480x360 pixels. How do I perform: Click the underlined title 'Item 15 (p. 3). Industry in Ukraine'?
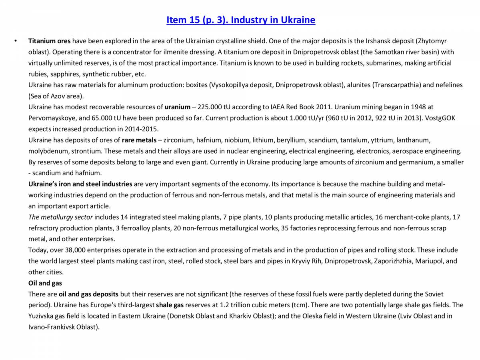point(240,20)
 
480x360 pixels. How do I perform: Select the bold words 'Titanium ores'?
point(49,41)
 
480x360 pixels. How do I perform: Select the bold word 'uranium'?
point(177,107)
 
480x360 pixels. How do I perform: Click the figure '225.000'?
point(208,107)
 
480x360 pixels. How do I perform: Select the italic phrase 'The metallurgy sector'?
point(60,217)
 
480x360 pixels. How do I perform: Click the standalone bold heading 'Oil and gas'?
point(45,283)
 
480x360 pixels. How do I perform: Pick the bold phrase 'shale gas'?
point(170,305)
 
